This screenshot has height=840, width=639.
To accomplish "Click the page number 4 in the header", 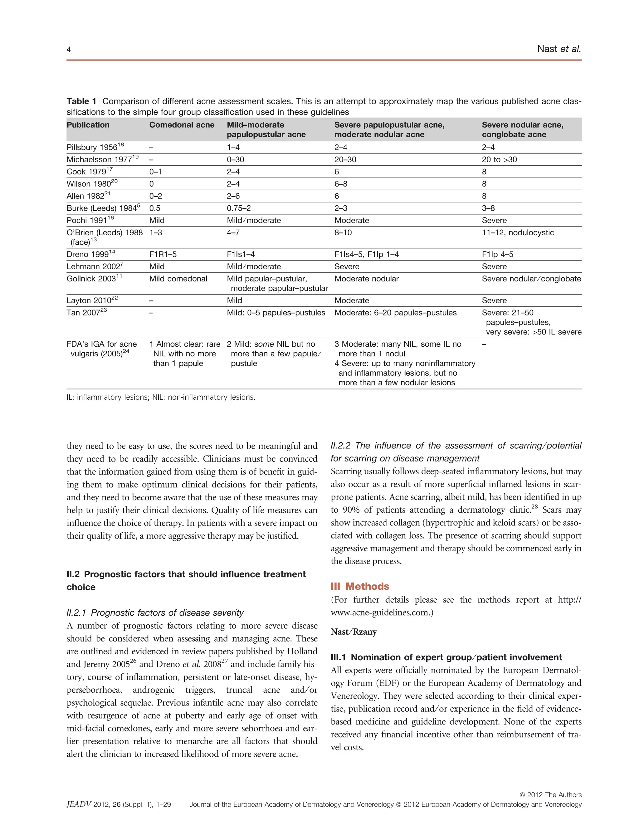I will (x=68, y=49).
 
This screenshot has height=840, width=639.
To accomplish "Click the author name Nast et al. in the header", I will (x=559, y=49).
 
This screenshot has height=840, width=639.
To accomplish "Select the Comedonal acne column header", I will (x=181, y=125).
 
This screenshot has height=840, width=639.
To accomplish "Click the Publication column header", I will (x=88, y=125).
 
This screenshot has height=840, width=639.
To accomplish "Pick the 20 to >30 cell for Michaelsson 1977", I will (x=499, y=159).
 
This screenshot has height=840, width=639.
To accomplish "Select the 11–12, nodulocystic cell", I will (x=518, y=232).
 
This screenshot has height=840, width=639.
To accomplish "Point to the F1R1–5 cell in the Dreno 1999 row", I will (x=163, y=254).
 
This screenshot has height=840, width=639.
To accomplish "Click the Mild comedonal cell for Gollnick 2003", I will (x=178, y=278).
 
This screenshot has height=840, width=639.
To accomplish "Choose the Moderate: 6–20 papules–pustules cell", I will (x=395, y=312).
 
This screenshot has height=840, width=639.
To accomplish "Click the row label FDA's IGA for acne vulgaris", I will (x=101, y=349).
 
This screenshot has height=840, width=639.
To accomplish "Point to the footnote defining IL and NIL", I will (x=160, y=397).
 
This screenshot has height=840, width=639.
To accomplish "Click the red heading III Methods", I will (x=360, y=586).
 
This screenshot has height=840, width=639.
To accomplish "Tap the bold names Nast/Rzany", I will (x=353, y=632).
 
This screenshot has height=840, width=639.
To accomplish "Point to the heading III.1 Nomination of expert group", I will (x=446, y=657).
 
